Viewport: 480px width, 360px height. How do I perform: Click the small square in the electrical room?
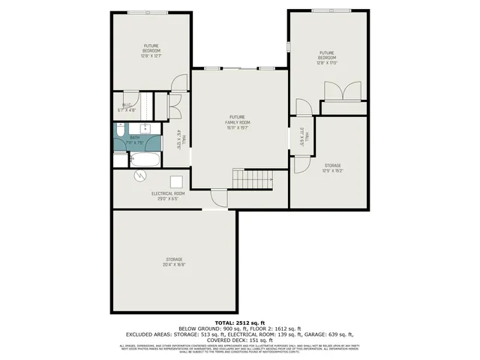point(176,181)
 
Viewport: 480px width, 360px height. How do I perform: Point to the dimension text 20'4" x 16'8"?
point(174,264)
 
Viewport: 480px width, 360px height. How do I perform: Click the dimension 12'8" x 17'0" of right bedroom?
point(326,63)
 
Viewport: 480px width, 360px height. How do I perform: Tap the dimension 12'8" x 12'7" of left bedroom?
point(152,55)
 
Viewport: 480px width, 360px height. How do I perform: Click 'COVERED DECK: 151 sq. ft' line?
point(240,339)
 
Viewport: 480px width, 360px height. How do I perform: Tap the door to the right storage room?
point(300,164)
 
